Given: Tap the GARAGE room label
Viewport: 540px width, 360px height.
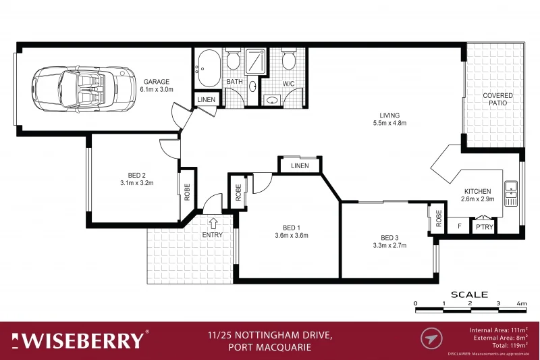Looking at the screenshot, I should [156, 82].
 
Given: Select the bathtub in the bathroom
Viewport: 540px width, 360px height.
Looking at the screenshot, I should [207, 68].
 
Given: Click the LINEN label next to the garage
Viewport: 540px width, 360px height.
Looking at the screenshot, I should [207, 100].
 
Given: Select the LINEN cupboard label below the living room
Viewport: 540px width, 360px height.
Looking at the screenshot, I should [300, 165].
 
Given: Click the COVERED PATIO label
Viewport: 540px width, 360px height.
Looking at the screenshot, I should [497, 100].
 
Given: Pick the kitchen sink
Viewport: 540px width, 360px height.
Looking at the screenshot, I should [511, 192].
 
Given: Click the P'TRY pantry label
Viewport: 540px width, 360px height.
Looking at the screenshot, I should [485, 228].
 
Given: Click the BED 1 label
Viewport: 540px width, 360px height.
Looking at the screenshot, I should [291, 227].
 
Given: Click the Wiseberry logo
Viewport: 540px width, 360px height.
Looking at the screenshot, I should [80, 339].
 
